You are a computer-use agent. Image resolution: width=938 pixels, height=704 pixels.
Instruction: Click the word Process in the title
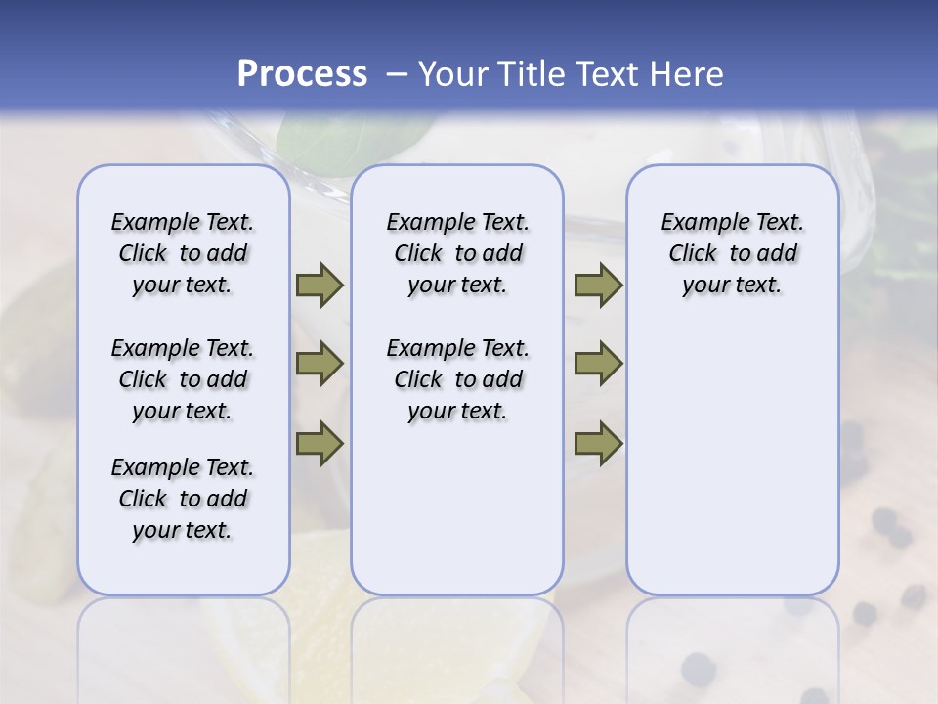tap(302, 73)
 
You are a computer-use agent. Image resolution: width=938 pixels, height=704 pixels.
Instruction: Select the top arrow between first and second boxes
tap(320, 285)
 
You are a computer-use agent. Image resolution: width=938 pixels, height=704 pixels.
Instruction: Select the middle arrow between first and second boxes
tap(320, 364)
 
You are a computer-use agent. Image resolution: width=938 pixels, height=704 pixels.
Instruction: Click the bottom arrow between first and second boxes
tap(320, 443)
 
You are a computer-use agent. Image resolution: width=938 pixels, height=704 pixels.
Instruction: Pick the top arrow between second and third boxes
tap(598, 285)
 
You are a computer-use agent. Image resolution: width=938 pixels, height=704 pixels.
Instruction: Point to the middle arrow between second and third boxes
tap(598, 364)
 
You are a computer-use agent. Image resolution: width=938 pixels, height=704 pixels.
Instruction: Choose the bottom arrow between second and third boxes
tap(598, 443)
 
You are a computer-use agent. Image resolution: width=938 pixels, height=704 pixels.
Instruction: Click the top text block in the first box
tap(183, 253)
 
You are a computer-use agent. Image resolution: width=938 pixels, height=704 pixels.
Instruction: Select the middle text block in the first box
tap(183, 379)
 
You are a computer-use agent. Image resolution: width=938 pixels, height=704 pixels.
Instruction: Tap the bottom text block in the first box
tap(183, 499)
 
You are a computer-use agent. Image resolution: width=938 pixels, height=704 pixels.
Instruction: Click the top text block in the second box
tap(457, 253)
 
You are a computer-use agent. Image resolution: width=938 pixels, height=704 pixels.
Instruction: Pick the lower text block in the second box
tap(457, 379)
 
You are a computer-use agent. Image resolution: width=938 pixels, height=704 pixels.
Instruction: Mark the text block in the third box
tap(732, 253)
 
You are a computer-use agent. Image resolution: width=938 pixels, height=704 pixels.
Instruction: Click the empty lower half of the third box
tap(732, 469)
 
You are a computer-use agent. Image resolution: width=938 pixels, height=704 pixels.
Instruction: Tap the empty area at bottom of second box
tap(457, 518)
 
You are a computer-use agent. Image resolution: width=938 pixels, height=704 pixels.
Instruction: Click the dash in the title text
tap(397, 74)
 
